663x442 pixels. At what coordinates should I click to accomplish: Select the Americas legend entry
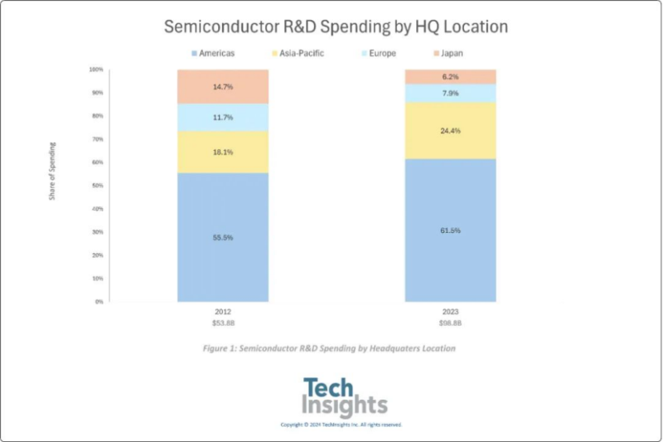tap(213, 54)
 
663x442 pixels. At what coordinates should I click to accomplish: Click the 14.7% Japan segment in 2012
tap(223, 86)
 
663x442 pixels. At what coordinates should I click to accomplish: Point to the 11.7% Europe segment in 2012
tap(223, 118)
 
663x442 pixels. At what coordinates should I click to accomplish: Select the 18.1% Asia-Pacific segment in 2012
tap(223, 153)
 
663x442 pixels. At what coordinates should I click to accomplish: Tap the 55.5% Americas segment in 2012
tap(223, 237)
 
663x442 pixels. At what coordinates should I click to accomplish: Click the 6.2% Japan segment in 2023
tap(450, 76)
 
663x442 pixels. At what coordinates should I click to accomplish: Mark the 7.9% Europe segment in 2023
tap(450, 93)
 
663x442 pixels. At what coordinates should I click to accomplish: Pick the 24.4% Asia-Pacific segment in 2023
tap(450, 130)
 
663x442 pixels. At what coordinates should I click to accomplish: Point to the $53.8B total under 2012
tap(222, 323)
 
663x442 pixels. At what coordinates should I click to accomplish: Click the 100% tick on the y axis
tap(96, 70)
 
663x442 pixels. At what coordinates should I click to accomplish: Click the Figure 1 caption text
tap(329, 349)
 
